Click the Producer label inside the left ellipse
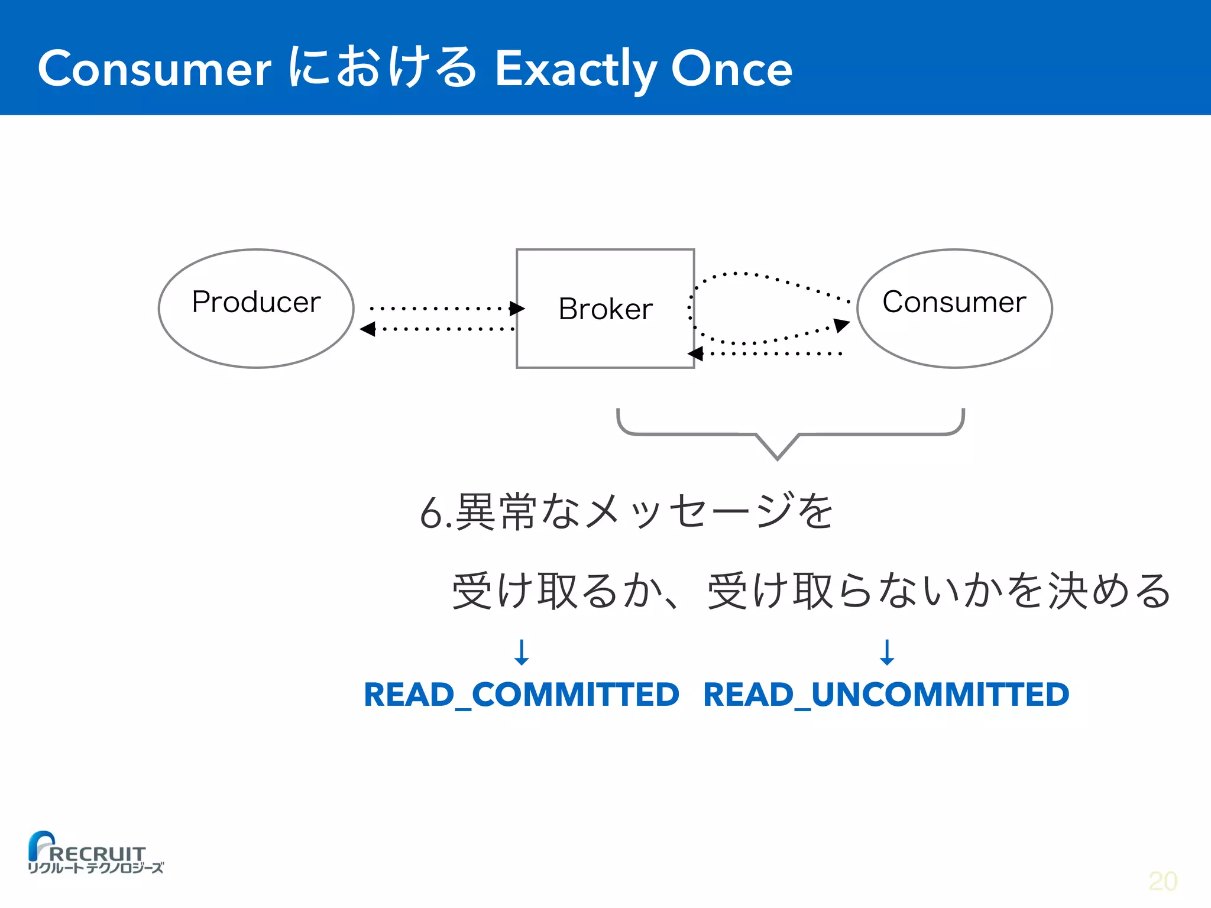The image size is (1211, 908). (256, 302)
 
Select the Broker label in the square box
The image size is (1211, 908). (605, 309)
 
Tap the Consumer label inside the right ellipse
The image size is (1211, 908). (954, 302)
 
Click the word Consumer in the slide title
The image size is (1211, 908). (154, 69)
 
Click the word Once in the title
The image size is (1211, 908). (731, 69)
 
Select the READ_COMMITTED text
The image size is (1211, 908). (522, 695)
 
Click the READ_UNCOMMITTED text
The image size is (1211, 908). (886, 695)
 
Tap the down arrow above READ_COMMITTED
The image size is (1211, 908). (522, 653)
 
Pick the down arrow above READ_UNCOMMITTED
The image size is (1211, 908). (886, 653)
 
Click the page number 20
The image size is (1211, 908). (1163, 881)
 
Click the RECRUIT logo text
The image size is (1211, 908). (98, 853)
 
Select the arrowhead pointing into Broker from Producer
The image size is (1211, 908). (517, 308)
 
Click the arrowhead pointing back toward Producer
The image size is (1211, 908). (368, 329)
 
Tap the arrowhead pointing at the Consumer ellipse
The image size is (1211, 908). (842, 325)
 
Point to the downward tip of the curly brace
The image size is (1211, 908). (778, 458)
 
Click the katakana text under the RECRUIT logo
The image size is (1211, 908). (96, 868)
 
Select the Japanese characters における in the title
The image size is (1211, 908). (383, 68)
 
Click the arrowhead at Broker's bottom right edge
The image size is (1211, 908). (695, 354)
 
